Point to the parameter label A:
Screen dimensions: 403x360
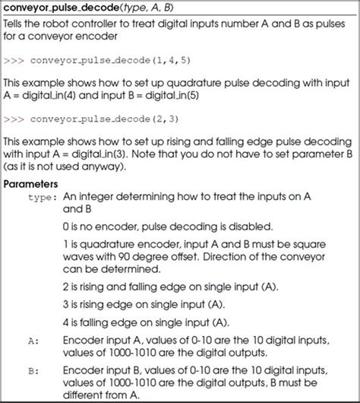(x=32, y=341)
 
